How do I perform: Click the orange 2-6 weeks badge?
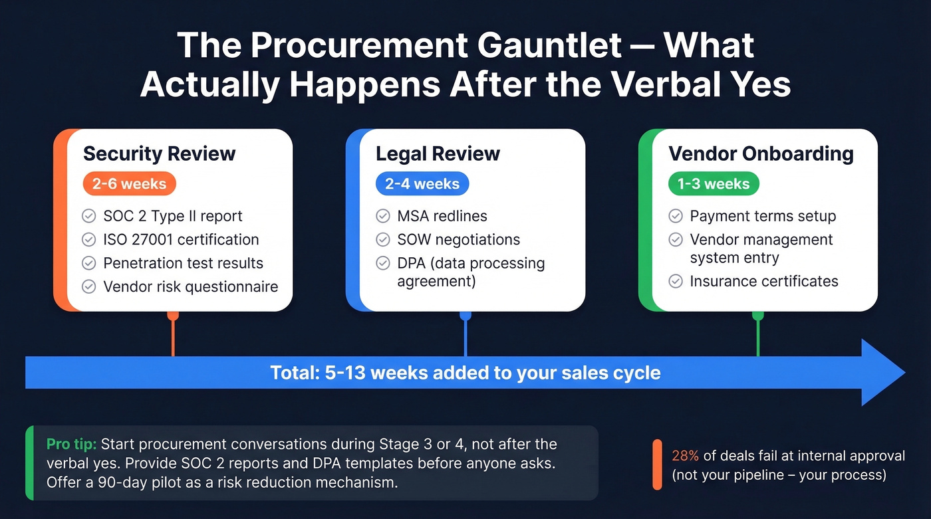129,184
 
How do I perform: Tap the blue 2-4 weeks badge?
422,184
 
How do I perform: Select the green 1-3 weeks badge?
714,184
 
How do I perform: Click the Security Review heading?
159,154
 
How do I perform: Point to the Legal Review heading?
438,154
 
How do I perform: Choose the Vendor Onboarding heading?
761,154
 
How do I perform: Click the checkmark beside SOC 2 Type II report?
88,216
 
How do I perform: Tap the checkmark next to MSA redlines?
382,216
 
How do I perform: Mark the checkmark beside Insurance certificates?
675,282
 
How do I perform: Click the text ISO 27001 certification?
181,239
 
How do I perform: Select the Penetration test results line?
183,263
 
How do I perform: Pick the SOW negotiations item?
458,239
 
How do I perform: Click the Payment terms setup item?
763,216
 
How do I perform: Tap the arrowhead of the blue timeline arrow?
882,372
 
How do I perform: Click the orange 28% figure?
686,456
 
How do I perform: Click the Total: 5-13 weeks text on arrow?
465,373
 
